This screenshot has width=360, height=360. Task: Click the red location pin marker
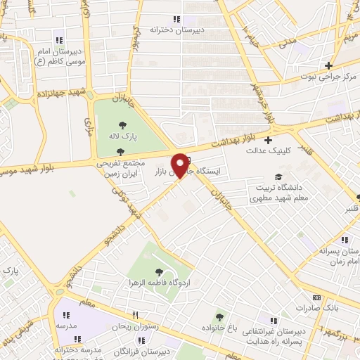(x=180, y=165)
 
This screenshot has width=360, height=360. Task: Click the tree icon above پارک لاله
(x=123, y=125)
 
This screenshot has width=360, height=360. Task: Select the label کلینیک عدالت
(x=267, y=150)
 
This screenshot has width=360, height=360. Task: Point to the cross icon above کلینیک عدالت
(x=268, y=139)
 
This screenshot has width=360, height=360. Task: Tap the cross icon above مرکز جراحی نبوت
(x=328, y=65)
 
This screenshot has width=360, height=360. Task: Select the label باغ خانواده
(x=219, y=329)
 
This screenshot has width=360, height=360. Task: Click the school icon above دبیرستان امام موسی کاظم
(x=59, y=40)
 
